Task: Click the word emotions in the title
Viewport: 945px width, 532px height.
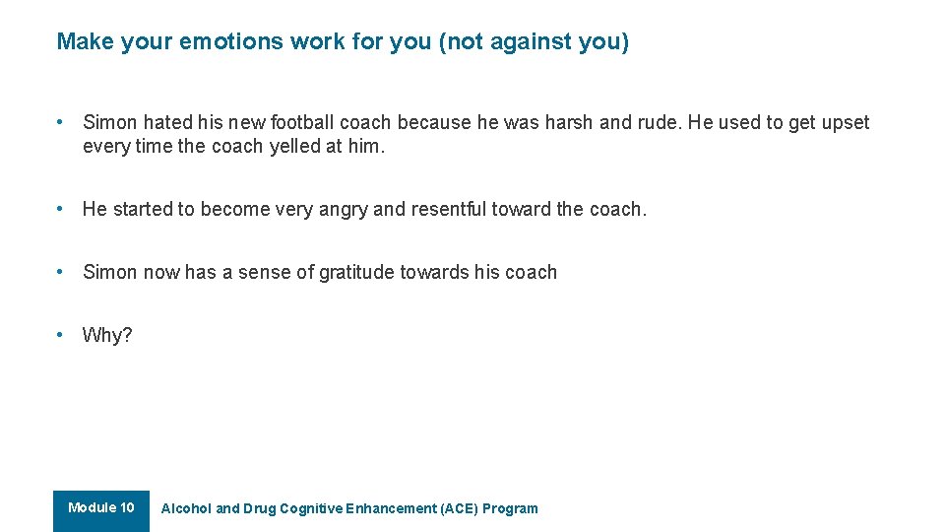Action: pyautogui.click(x=230, y=41)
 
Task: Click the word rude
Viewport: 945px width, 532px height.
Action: pyautogui.click(x=660, y=122)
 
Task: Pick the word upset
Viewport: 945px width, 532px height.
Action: pyautogui.click(x=845, y=122)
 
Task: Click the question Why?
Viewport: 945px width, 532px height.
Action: pyautogui.click(x=107, y=335)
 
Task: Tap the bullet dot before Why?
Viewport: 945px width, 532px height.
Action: pyautogui.click(x=61, y=335)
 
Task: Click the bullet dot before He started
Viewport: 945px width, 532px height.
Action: pyautogui.click(x=61, y=209)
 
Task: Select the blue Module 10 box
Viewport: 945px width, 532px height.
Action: pyautogui.click(x=101, y=509)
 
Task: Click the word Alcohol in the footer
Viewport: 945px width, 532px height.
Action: pyautogui.click(x=186, y=509)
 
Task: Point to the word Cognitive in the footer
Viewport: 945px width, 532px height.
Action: pyautogui.click(x=311, y=509)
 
